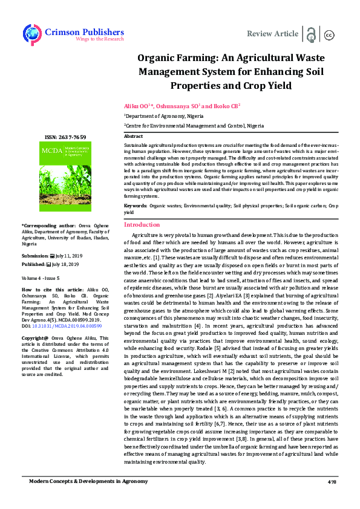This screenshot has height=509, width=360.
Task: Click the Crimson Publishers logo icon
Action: [31, 34]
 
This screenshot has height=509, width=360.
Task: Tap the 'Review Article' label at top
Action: [273, 33]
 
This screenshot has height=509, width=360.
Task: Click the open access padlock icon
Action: [311, 34]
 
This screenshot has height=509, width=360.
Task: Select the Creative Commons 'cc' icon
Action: [330, 34]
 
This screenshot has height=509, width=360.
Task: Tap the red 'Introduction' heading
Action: [142, 224]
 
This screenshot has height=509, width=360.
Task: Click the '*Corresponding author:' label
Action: [43, 226]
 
